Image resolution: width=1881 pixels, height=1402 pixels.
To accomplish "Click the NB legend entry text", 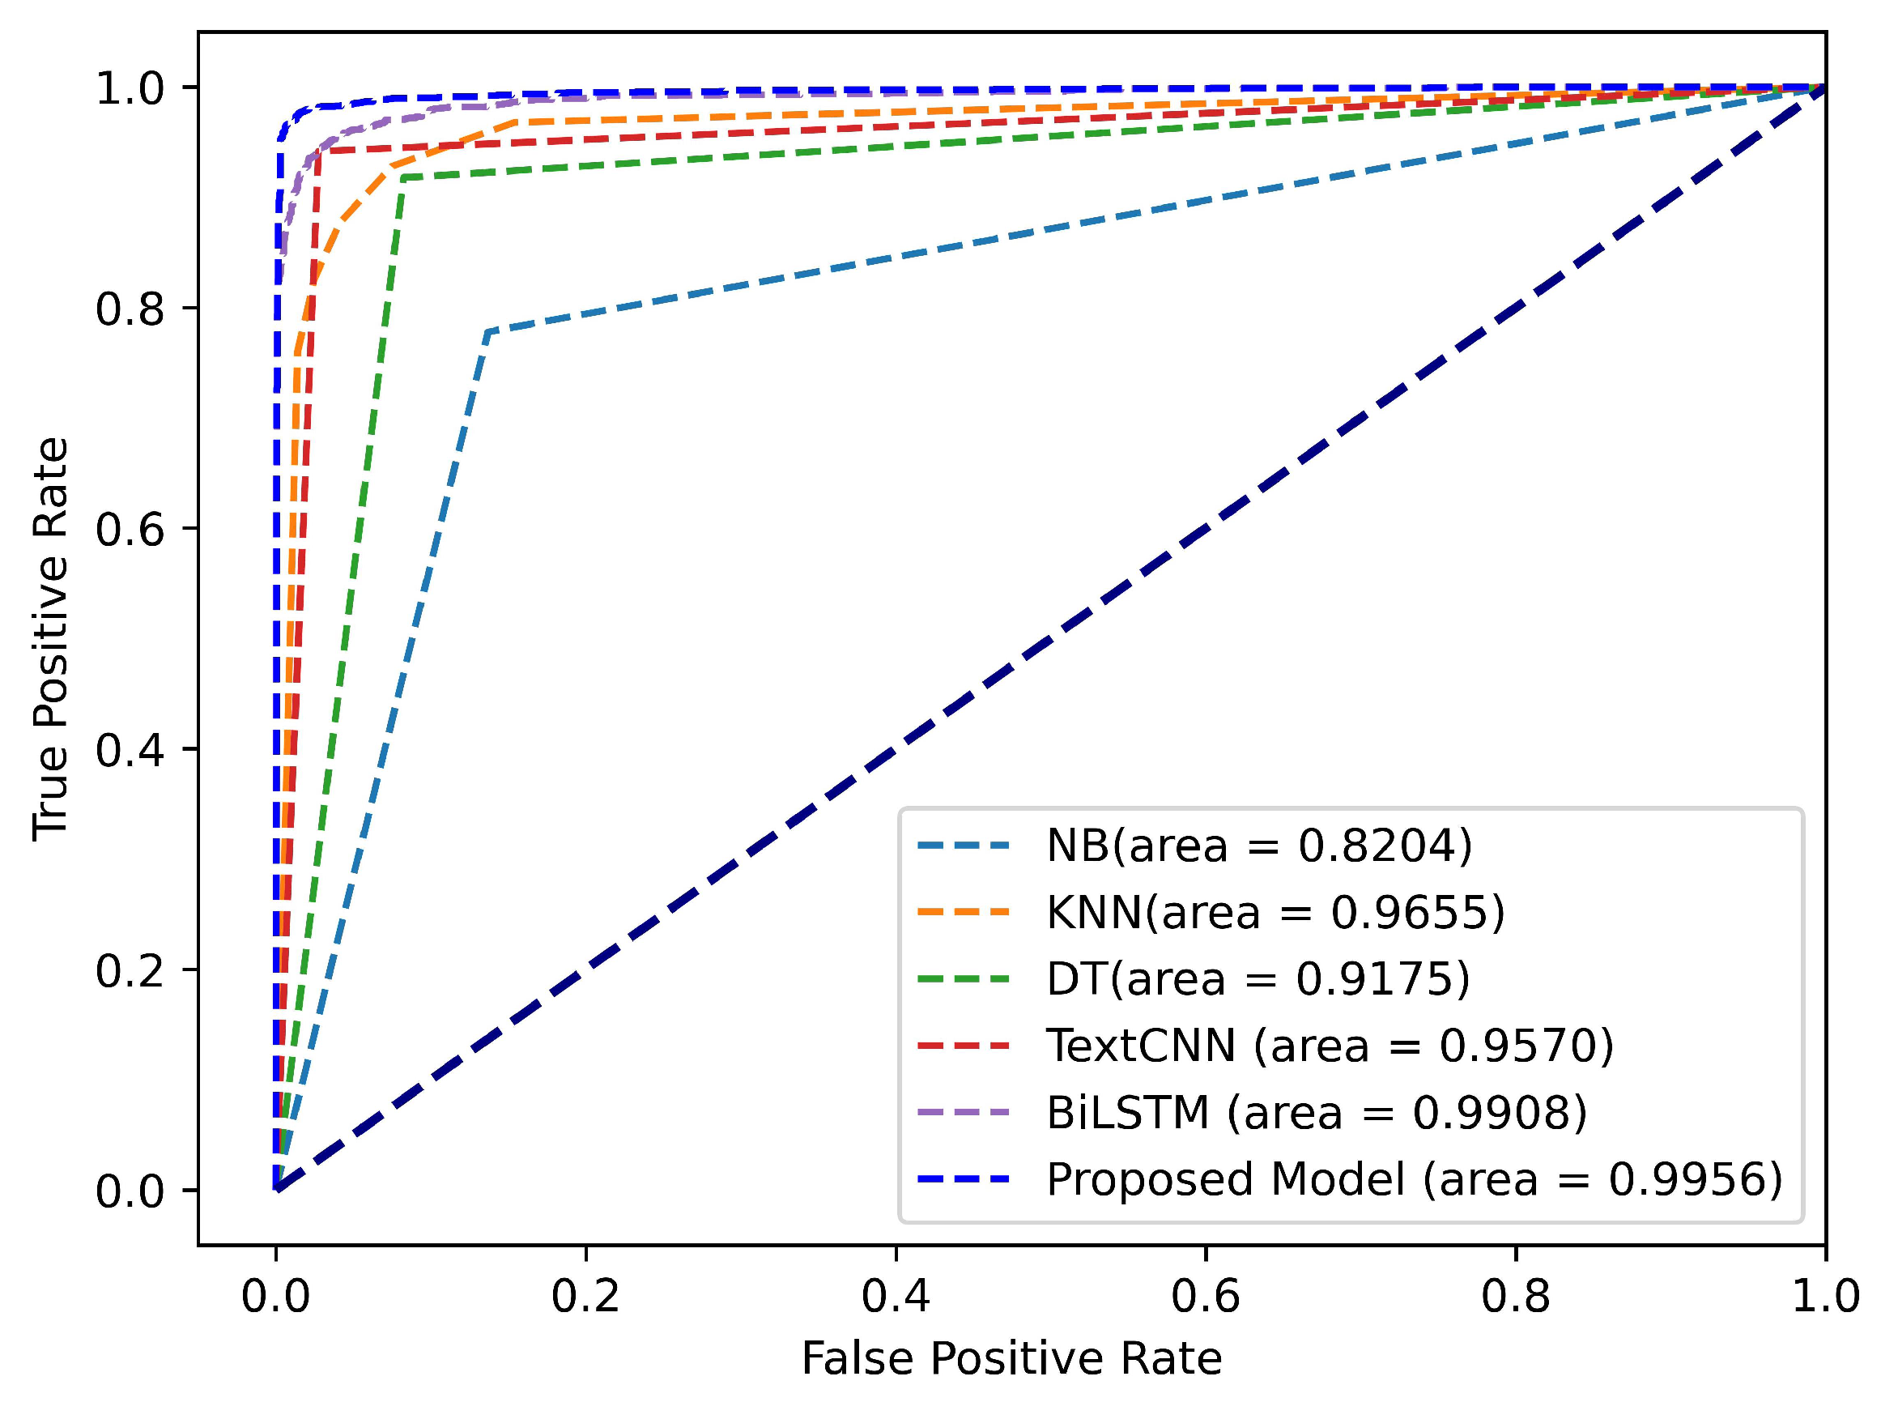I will pos(1258,846).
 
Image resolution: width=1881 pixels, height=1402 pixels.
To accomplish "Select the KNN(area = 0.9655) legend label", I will pos(1275,912).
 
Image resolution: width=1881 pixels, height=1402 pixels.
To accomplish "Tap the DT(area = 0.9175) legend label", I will pos(1258,978).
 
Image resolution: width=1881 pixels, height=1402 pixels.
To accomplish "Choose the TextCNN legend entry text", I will pos(1329,1045).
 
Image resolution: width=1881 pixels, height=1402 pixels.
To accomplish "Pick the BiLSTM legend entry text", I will pos(1316,1112).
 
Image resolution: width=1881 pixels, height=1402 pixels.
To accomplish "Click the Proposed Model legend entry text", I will pos(1414,1178).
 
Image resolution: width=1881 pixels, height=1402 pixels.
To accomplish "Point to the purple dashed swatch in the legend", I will pos(963,1112).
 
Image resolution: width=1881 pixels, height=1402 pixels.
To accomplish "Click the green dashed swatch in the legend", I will pos(963,978).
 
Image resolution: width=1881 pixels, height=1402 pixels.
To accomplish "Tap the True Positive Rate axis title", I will pos(51,639).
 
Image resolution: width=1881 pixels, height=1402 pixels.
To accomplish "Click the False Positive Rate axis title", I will pos(1011,1359).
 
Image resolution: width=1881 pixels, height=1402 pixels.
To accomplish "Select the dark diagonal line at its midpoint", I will pos(1050,638).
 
